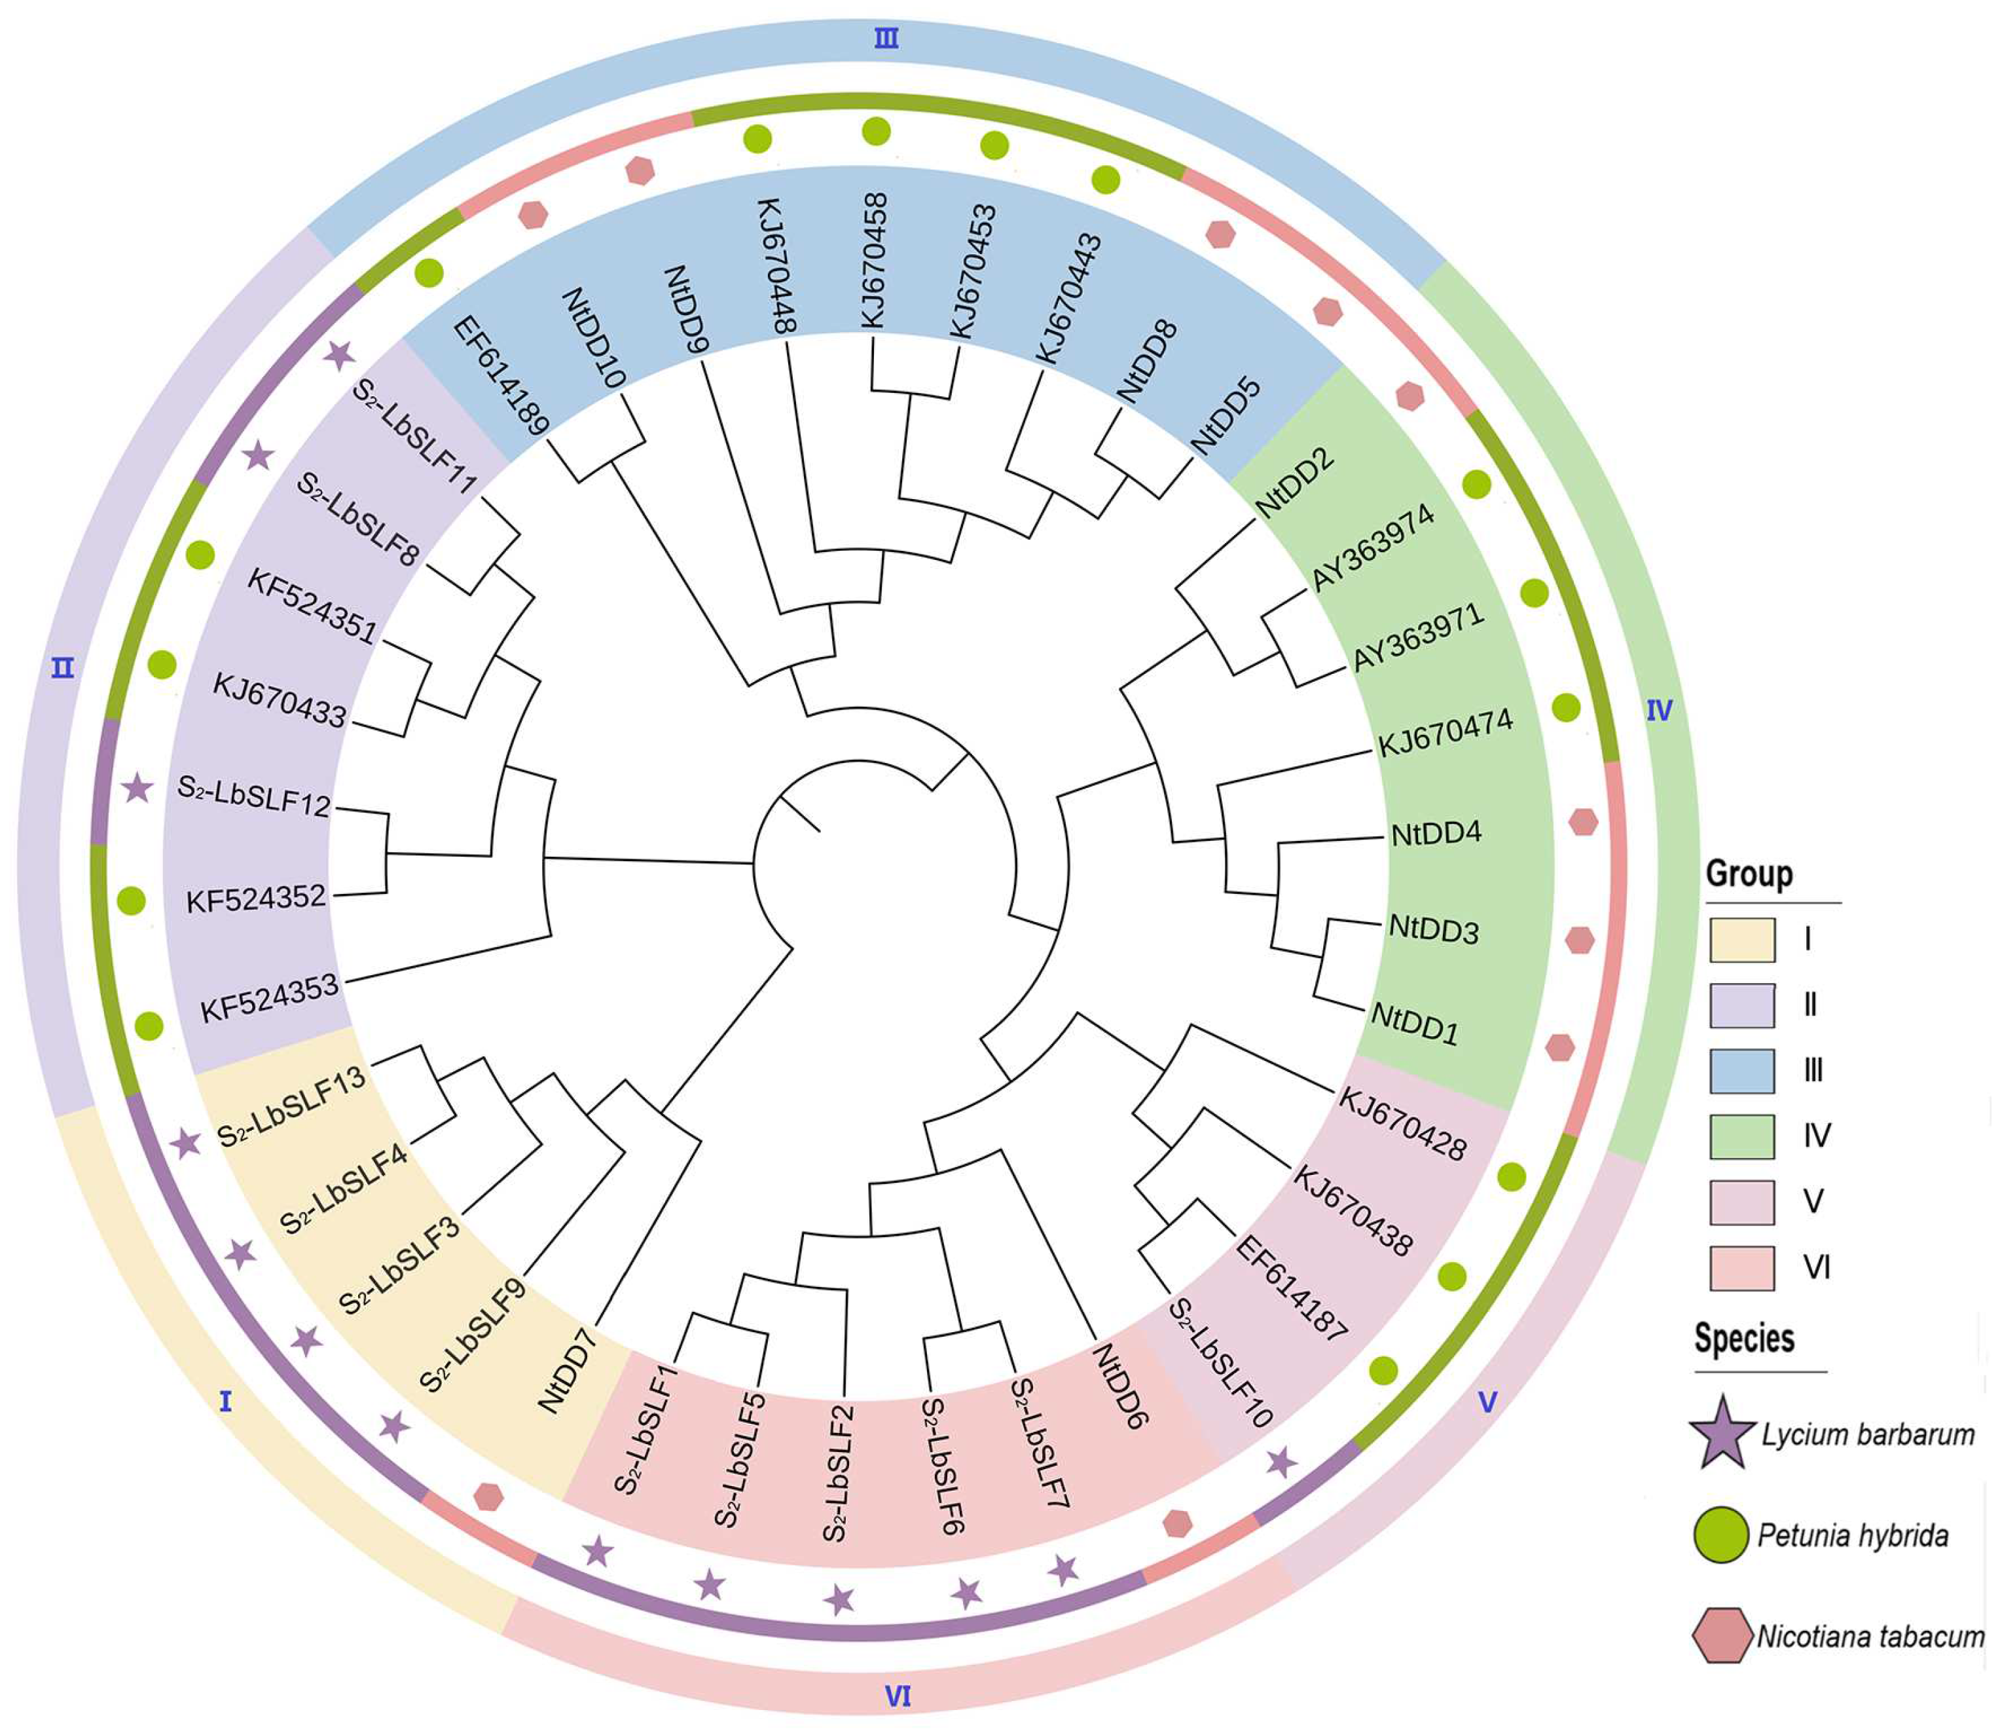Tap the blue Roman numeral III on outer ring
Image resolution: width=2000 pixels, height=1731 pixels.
(886, 39)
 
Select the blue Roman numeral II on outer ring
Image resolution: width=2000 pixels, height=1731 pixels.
(63, 667)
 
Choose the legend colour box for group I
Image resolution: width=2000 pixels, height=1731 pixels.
(1741, 940)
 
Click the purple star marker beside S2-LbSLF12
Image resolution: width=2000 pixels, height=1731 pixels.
(138, 789)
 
